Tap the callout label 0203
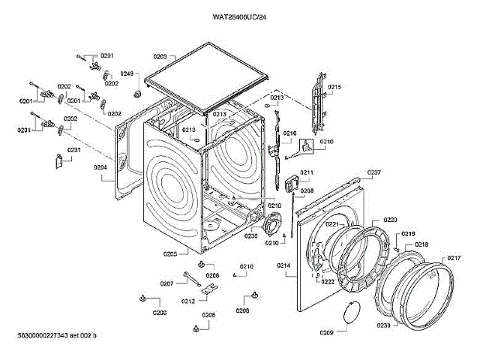coord(160,56)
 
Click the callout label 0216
coord(289,133)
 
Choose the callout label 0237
coord(373,173)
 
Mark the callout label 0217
coord(454,259)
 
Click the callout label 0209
coord(326,332)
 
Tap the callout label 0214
coord(284,265)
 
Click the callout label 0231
coord(74,150)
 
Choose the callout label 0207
coord(166,283)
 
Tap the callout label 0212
coord(187,301)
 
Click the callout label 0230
coord(250,236)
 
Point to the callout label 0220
coord(390,220)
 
